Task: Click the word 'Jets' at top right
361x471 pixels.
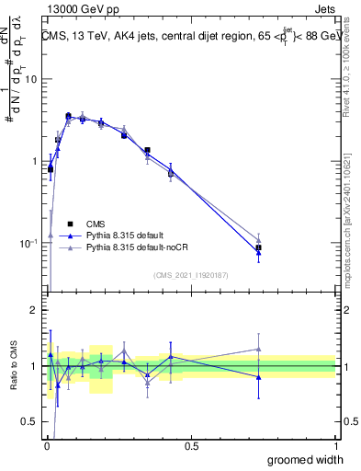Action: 323,10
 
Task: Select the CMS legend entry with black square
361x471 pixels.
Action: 72,223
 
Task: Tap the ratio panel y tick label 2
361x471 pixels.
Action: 35,310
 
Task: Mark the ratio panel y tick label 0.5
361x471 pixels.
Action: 30,422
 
